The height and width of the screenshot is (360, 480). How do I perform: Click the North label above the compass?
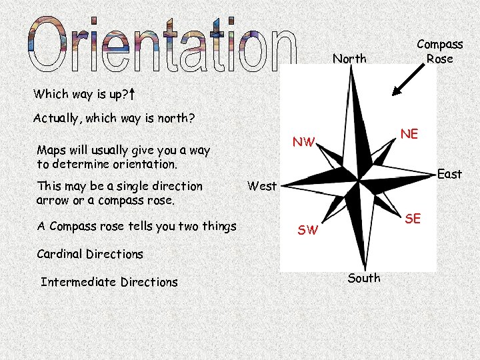click(x=349, y=59)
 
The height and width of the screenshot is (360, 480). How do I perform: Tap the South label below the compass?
click(x=364, y=278)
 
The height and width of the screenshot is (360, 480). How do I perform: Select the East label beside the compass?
click(x=449, y=174)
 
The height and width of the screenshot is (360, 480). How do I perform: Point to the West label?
click(x=261, y=185)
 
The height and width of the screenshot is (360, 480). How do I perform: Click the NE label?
click(x=409, y=134)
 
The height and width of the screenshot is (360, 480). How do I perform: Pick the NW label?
click(x=303, y=141)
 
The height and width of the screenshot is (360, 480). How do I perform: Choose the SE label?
click(x=413, y=218)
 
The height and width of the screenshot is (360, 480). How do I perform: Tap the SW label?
click(x=308, y=231)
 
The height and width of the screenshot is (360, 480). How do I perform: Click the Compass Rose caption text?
click(x=439, y=51)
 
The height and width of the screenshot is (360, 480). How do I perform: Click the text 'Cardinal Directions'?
click(x=90, y=254)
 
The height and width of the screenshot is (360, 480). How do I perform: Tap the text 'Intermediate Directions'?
click(x=109, y=282)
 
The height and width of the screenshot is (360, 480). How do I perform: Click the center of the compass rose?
click(x=358, y=178)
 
